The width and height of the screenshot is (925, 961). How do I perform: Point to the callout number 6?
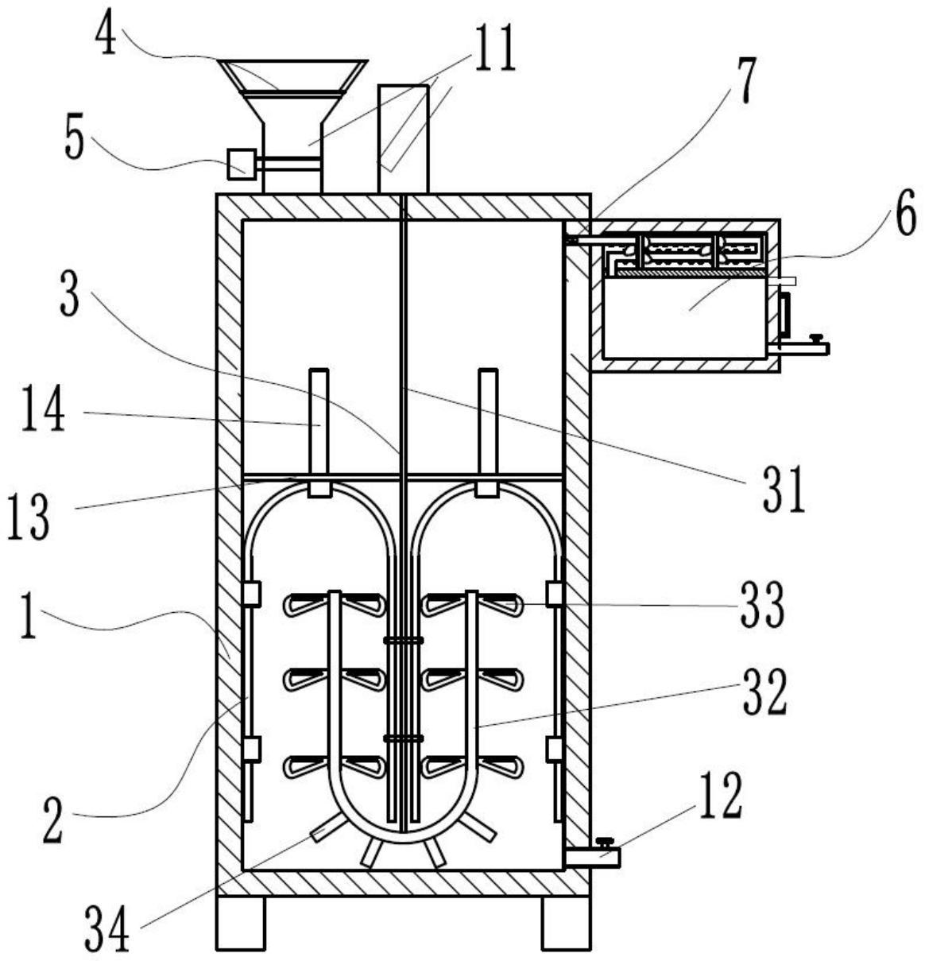[906, 212]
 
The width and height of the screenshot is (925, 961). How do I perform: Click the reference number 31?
[784, 490]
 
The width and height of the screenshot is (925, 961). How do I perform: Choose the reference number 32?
[764, 692]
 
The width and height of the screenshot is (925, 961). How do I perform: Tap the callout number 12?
[722, 795]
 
